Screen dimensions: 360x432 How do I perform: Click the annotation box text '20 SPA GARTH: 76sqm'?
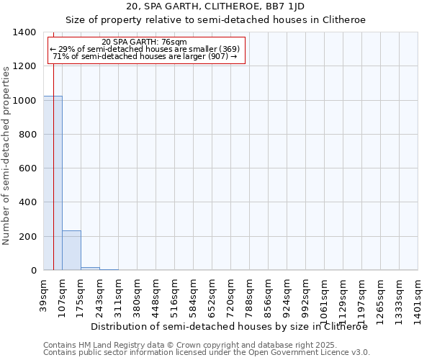tap(145, 42)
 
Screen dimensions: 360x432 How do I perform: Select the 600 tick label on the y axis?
tap(27, 168)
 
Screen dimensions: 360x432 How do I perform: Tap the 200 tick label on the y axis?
tap(27, 237)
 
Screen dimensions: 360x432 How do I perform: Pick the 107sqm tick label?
tap(63, 294)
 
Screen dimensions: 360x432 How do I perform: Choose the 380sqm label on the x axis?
tap(138, 294)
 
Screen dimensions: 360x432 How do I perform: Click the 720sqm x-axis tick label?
tap(231, 294)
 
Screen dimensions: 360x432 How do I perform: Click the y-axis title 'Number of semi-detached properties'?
tap(6, 155)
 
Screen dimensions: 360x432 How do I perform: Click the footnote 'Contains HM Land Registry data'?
tap(108, 345)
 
